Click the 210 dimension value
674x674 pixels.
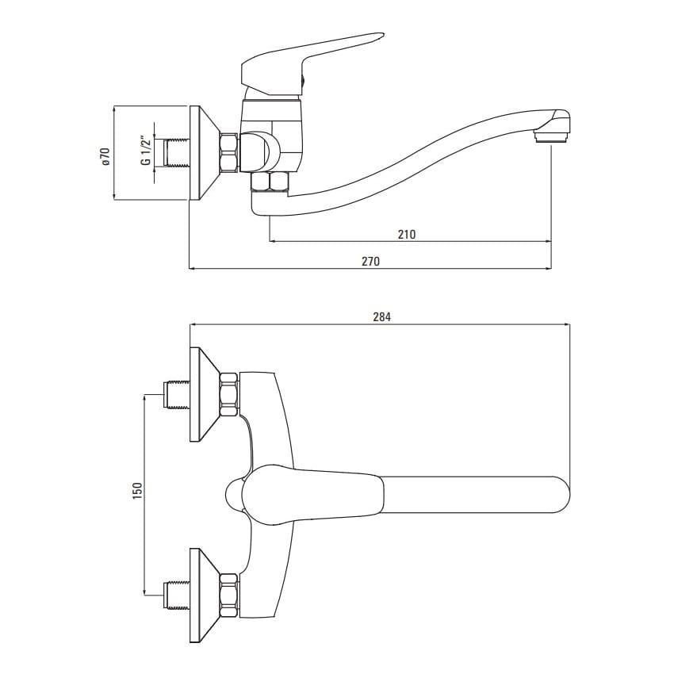click(407, 234)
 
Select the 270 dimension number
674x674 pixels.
click(370, 261)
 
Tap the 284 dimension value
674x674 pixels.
click(381, 317)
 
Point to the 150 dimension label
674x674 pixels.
click(137, 491)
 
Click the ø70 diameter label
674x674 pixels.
click(105, 156)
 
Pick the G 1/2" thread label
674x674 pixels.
click(146, 150)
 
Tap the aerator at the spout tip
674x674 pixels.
click(550, 137)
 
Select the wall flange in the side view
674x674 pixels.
click(205, 152)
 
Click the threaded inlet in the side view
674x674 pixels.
click(176, 153)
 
